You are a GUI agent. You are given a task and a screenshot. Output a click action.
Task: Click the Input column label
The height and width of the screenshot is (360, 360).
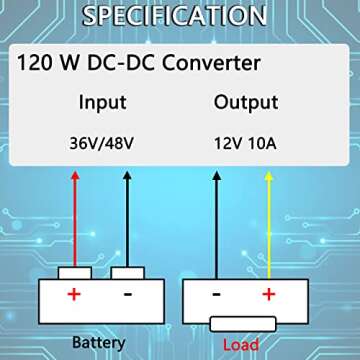click(102, 102)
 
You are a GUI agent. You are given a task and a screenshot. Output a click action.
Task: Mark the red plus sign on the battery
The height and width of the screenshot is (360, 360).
click(73, 295)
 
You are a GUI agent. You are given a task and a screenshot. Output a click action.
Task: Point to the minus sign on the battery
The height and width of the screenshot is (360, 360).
click(128, 295)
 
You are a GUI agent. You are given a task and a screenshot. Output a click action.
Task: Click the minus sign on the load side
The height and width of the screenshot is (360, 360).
click(214, 295)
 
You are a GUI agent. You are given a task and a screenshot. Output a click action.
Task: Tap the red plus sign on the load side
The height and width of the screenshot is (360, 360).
click(268, 295)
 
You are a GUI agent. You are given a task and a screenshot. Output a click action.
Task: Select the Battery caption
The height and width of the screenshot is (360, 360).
click(98, 343)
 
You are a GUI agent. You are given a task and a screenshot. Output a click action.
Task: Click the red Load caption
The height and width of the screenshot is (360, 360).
click(241, 345)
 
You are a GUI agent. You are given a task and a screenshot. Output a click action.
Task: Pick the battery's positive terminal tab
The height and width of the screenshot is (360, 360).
click(75, 272)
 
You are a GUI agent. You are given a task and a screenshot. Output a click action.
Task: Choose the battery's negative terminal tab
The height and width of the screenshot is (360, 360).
click(128, 272)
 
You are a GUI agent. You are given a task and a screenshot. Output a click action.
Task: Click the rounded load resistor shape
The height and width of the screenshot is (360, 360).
click(241, 323)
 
